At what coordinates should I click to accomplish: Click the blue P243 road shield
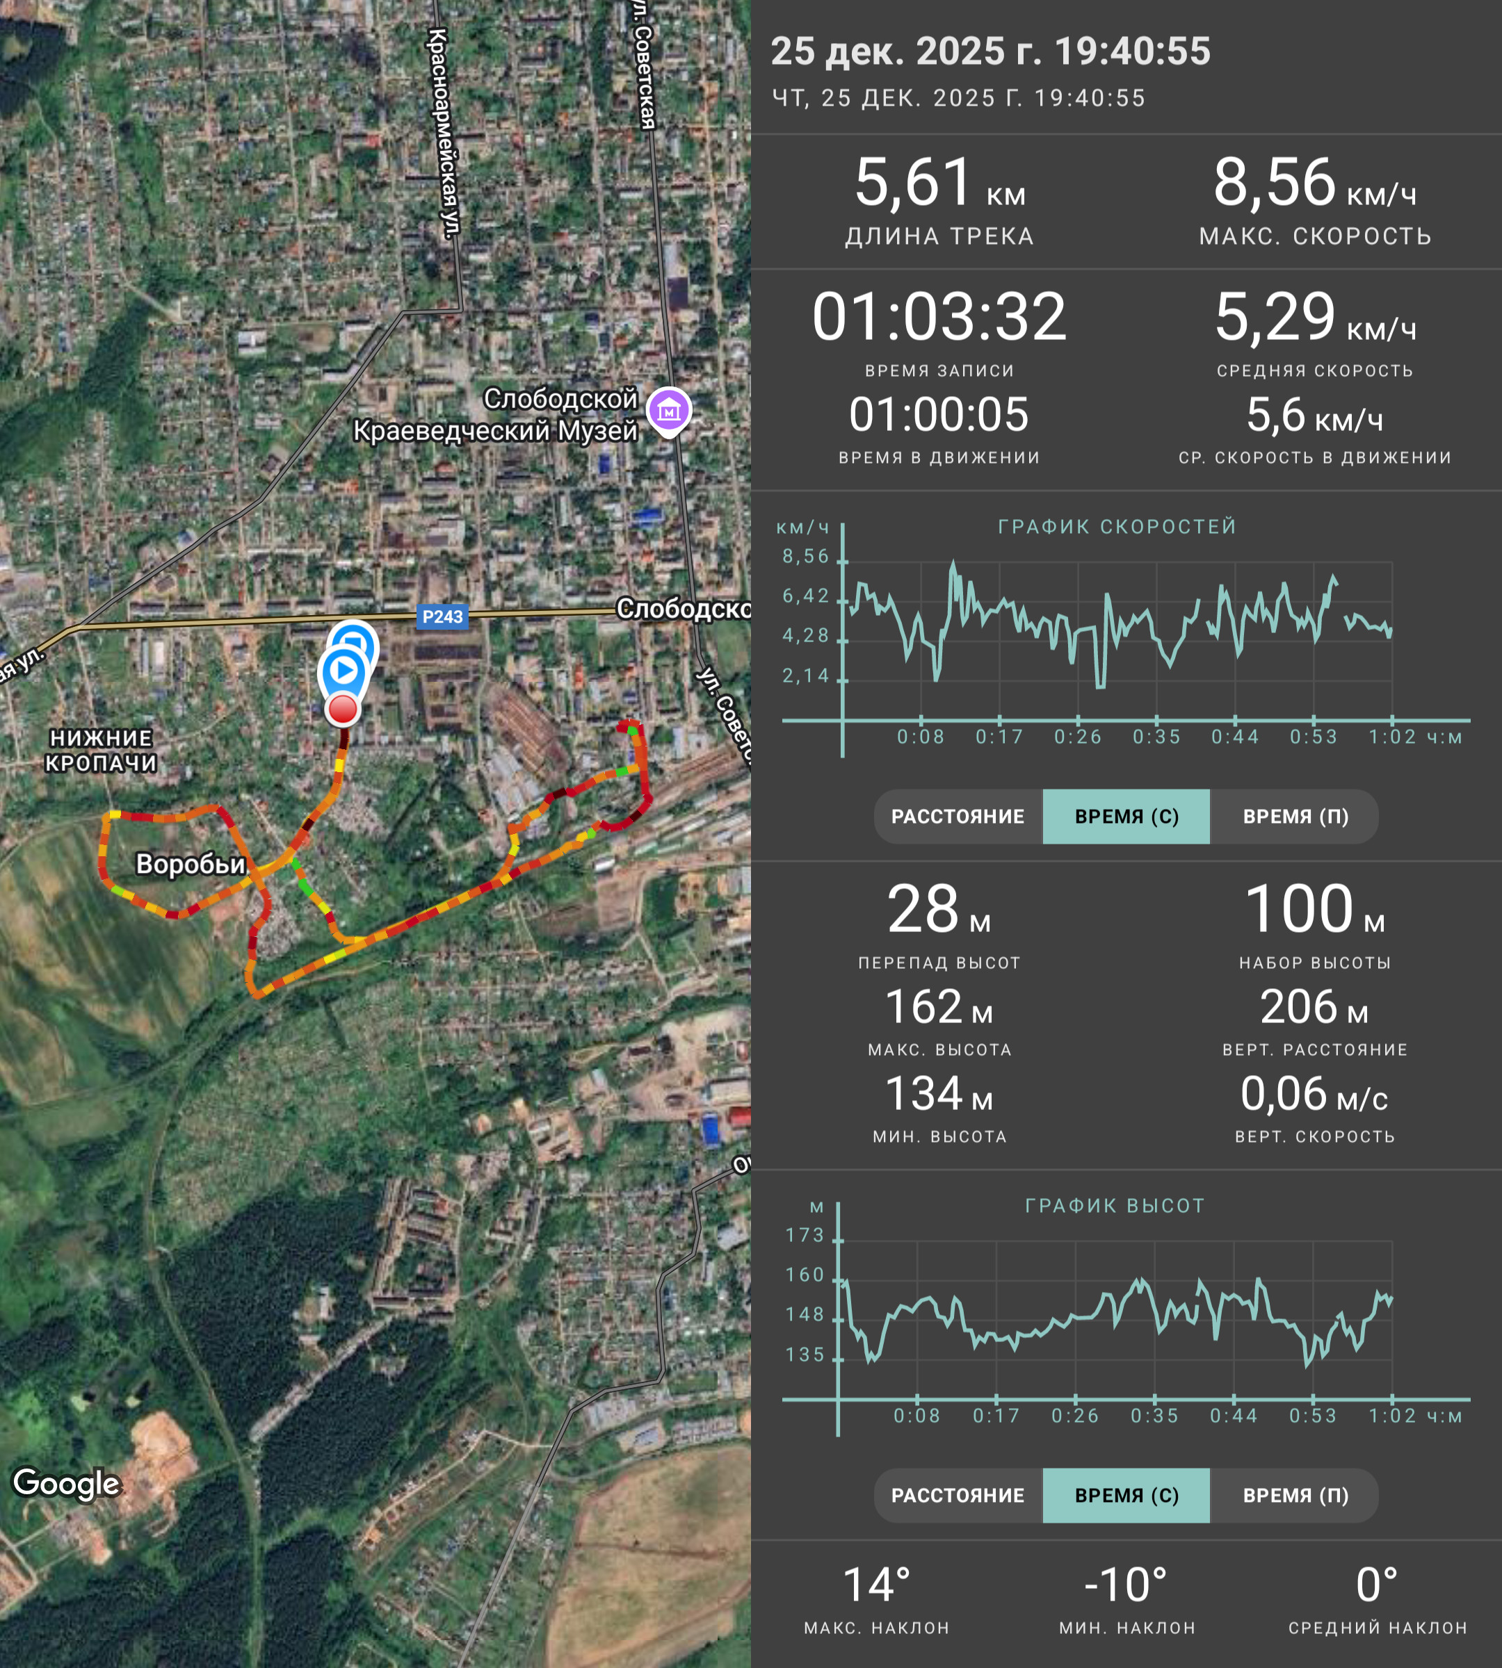tap(442, 616)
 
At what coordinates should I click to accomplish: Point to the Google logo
tap(67, 1483)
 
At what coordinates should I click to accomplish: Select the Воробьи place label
tap(191, 864)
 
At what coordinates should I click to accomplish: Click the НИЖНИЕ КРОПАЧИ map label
tap(101, 750)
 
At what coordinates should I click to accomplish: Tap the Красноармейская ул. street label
tap(445, 133)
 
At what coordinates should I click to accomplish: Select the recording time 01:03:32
tap(939, 317)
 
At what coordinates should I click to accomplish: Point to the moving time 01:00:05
tap(939, 414)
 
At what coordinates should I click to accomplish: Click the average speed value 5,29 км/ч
tap(1316, 317)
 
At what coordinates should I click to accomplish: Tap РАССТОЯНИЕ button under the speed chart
tap(958, 817)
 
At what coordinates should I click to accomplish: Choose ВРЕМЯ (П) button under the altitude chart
tap(1295, 1496)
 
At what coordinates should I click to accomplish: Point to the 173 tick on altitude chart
tap(805, 1235)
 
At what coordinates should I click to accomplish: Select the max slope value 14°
tap(876, 1585)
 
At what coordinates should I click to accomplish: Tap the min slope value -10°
tap(1126, 1585)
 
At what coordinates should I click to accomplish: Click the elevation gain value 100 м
tap(1315, 909)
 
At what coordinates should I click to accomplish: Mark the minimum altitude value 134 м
tap(939, 1094)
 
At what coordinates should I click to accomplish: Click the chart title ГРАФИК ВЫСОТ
tap(1115, 1206)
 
